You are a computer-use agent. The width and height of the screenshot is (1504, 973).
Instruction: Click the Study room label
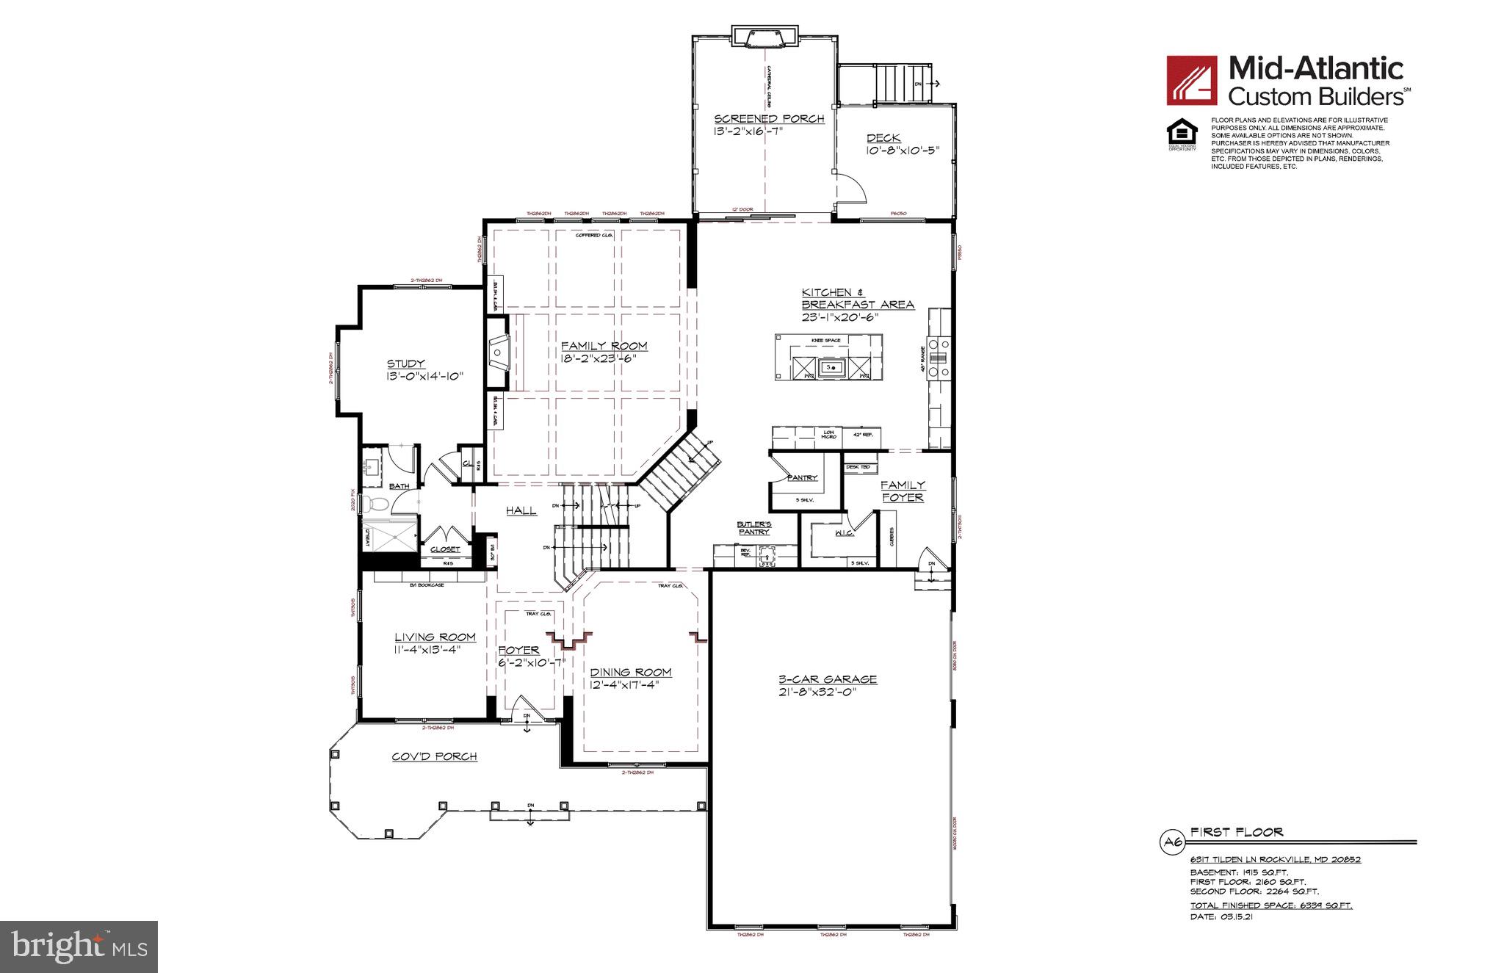point(406,363)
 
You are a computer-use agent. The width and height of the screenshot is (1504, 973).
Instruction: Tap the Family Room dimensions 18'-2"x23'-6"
point(604,359)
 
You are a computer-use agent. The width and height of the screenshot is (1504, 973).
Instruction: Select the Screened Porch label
point(769,119)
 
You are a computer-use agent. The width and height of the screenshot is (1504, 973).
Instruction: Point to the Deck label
point(883,138)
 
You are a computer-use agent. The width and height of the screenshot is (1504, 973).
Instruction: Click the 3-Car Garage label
point(828,679)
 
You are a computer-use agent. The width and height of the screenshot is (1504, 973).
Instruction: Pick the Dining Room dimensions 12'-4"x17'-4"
point(632,684)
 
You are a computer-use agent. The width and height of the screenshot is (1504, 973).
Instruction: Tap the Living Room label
point(435,637)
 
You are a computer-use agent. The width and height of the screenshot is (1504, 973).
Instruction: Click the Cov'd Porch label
point(434,756)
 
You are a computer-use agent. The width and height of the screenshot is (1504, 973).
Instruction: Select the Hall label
point(521,510)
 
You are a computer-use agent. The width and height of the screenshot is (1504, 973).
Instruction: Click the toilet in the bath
point(377,504)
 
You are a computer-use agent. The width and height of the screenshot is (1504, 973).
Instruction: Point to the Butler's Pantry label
point(753,527)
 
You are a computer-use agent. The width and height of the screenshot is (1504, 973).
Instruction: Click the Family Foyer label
point(903,491)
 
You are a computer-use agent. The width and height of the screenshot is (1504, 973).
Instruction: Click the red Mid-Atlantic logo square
point(1192,80)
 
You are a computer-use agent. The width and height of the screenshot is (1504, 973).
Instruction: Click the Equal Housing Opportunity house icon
point(1182,133)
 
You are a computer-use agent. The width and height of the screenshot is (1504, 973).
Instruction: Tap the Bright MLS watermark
point(79,947)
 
